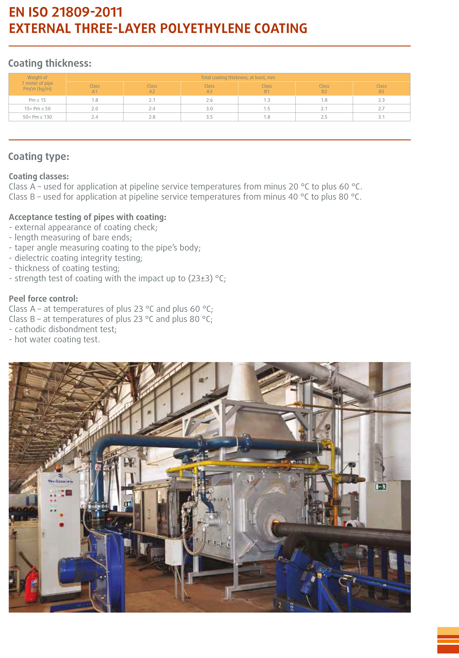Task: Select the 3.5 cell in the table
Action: (x=209, y=117)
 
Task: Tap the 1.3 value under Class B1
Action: (x=267, y=100)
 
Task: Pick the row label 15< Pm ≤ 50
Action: (x=37, y=109)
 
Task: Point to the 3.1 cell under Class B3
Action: (x=381, y=117)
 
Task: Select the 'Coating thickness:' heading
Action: (x=50, y=63)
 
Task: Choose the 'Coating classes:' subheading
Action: (x=39, y=176)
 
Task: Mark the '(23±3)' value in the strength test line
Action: (x=200, y=278)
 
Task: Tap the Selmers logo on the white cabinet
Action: (x=60, y=482)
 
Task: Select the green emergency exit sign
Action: (x=381, y=486)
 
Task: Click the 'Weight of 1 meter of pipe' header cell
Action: (x=37, y=83)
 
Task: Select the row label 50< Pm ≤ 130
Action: (x=37, y=117)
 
